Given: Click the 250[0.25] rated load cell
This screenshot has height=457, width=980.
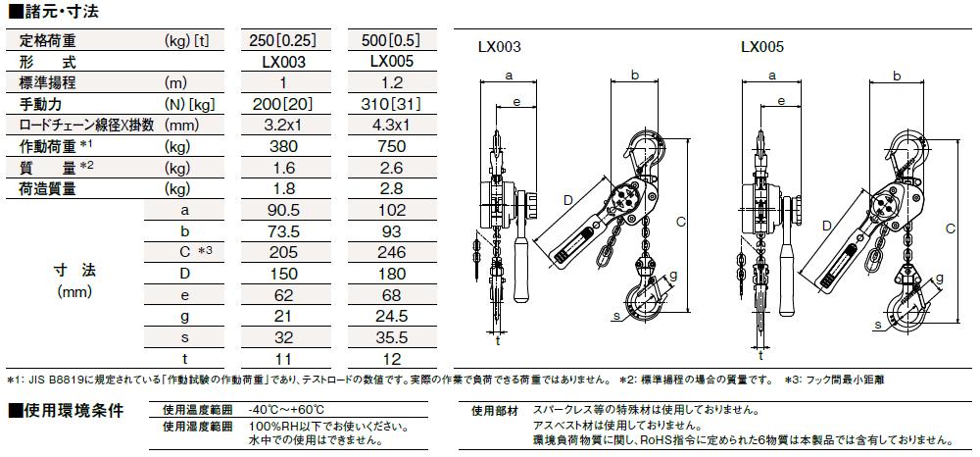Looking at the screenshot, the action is coord(282,41).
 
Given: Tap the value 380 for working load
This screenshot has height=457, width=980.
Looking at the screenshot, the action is coord(282,146).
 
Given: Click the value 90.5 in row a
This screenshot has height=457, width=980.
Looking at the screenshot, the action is coord(282,210).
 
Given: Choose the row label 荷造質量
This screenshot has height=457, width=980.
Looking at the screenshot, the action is coord(47,189).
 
